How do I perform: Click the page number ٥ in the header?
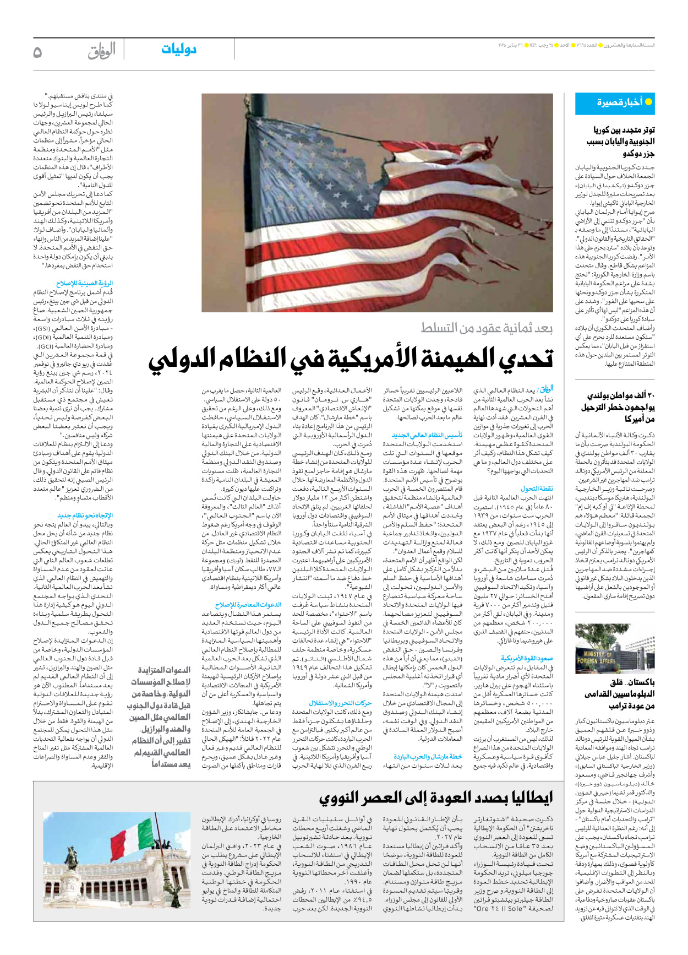[x=37, y=52]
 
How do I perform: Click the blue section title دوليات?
[x=178, y=50]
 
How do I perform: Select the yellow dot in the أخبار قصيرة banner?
[x=648, y=102]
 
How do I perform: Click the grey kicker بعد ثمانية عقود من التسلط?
[x=487, y=328]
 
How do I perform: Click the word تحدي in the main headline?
[x=526, y=359]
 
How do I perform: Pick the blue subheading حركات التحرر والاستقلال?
[x=340, y=703]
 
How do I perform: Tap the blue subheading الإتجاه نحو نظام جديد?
[x=85, y=516]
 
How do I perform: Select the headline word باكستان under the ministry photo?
[x=640, y=682]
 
